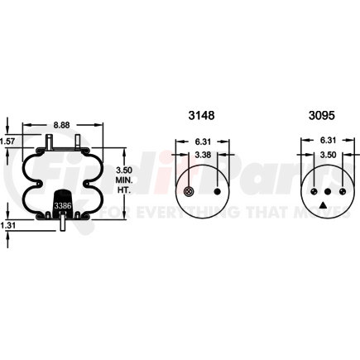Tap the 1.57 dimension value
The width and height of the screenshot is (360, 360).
click(x=8, y=142)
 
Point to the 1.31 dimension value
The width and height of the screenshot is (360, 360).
click(x=8, y=223)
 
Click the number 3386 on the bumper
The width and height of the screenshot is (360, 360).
click(x=63, y=206)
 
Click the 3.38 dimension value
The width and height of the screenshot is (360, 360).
click(x=204, y=155)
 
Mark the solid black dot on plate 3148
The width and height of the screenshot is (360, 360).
click(x=218, y=192)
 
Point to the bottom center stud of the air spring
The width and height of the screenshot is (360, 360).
click(x=63, y=223)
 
